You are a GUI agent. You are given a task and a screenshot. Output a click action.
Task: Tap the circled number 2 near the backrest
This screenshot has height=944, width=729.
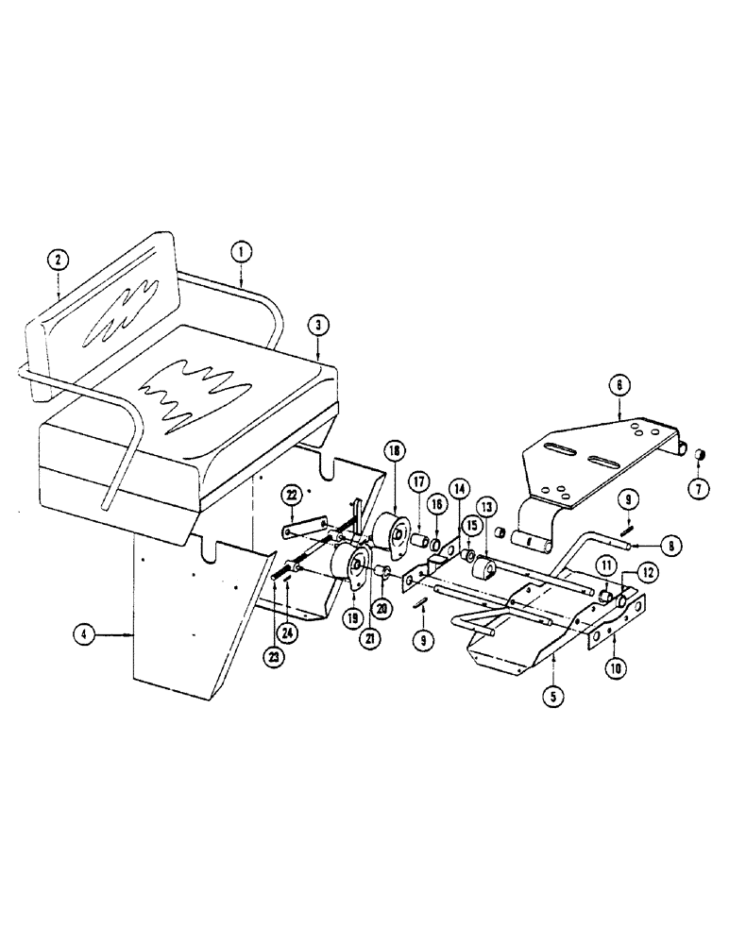[x=59, y=258]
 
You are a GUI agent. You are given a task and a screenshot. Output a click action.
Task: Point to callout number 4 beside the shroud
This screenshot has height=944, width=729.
[x=86, y=635]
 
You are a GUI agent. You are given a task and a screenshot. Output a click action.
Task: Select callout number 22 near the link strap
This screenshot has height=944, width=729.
[x=292, y=496]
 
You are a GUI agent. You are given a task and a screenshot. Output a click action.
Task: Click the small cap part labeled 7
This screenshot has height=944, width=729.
[x=701, y=455]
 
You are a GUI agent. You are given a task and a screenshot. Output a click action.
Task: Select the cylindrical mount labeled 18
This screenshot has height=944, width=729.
[x=388, y=529]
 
